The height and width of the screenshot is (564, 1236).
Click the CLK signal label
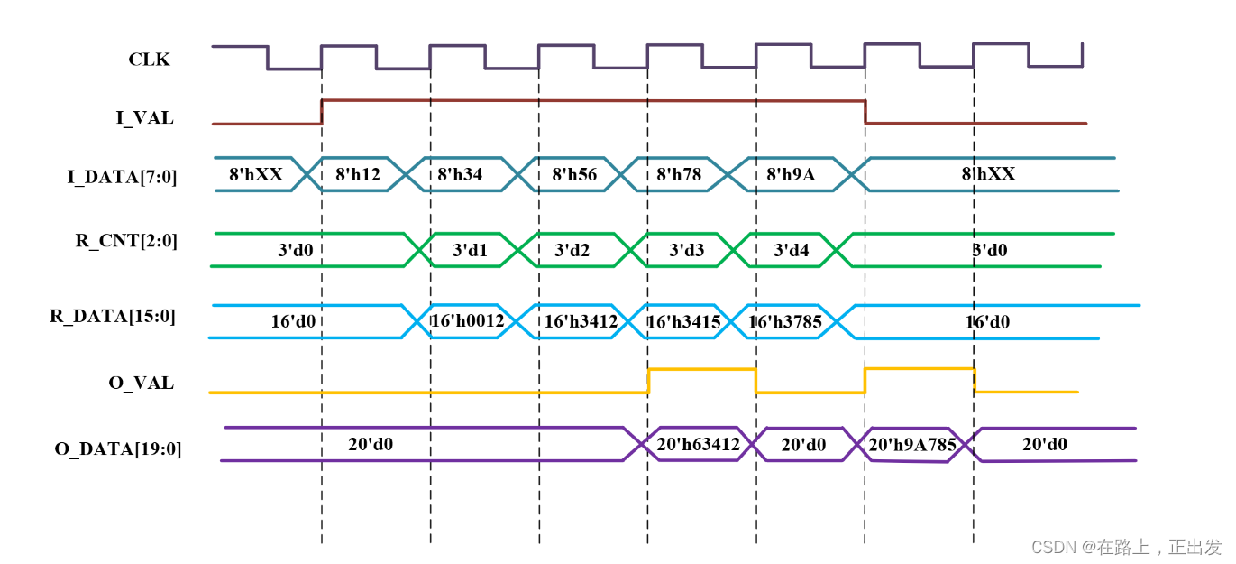pos(149,60)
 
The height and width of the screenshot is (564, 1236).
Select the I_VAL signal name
pos(144,117)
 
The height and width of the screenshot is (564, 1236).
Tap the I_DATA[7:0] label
pos(123,177)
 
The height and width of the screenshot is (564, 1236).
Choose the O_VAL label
pos(141,383)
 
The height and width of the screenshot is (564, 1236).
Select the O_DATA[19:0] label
pos(118,448)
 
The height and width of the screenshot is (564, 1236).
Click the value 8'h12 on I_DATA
pos(358,174)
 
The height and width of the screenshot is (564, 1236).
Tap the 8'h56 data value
pos(574,174)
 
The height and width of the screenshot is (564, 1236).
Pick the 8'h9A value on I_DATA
pos(791,174)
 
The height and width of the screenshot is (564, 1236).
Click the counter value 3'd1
pos(470,250)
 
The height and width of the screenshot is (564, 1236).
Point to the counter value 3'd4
pos(792,250)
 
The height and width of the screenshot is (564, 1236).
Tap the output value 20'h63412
pos(698,444)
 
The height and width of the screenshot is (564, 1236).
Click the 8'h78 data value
pos(679,174)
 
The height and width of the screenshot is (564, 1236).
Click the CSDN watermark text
pos(1126,547)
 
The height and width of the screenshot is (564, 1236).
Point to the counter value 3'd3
pos(687,250)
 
